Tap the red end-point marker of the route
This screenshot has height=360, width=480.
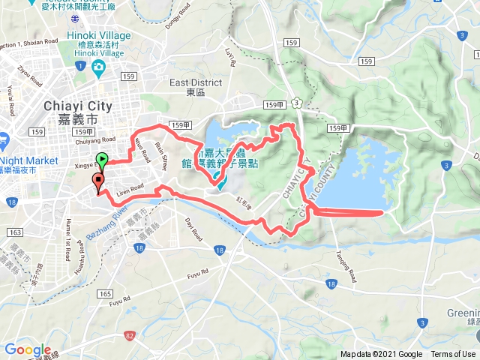(97, 181)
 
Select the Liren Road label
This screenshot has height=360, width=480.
(130, 189)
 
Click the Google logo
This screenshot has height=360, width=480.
(28, 350)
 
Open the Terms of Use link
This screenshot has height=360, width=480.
(453, 354)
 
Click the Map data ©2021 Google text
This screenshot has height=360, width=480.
(381, 354)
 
